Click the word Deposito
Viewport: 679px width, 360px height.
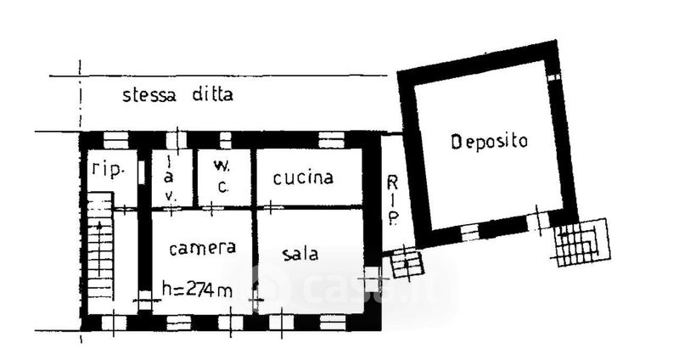click(x=490, y=142)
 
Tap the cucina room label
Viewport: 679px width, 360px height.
click(x=303, y=177)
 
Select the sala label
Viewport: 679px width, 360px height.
click(x=300, y=253)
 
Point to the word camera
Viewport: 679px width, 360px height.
click(x=203, y=248)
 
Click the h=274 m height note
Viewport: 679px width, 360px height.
click(x=197, y=289)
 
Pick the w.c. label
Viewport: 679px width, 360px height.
click(x=222, y=176)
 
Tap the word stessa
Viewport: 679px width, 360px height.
click(x=149, y=95)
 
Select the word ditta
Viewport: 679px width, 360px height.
click(x=213, y=94)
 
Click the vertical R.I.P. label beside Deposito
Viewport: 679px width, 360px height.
click(x=392, y=200)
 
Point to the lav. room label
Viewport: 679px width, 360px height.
click(x=170, y=178)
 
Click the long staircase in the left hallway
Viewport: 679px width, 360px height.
click(x=99, y=246)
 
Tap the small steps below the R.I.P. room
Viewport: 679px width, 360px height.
click(x=407, y=262)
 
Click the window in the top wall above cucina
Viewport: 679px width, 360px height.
click(x=331, y=140)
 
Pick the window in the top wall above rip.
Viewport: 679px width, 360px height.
click(x=116, y=140)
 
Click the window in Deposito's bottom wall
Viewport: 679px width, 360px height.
click(x=469, y=233)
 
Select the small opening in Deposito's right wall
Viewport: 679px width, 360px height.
click(x=553, y=77)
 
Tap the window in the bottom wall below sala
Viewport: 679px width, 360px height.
click(x=333, y=323)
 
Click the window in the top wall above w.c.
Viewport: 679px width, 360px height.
click(x=225, y=140)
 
